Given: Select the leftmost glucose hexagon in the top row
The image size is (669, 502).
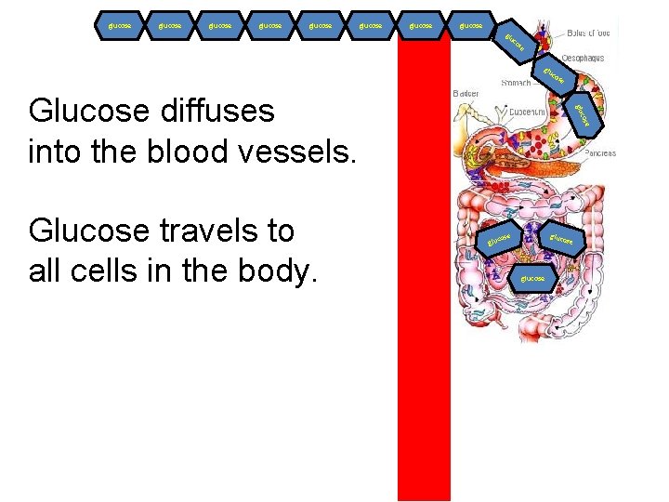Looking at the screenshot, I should point(121,26).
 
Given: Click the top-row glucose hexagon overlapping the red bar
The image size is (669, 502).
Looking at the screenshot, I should point(422,26).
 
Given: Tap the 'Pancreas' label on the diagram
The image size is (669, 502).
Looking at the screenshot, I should point(600,153).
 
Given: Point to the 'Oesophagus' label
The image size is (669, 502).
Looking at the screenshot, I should point(582,58).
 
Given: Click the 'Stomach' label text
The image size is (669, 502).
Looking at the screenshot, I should point(516,83).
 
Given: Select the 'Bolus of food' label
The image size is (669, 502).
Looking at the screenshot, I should point(588,32).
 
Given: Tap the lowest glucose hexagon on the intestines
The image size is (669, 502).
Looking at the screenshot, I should point(532,278).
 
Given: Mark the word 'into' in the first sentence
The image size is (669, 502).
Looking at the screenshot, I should point(56,151).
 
